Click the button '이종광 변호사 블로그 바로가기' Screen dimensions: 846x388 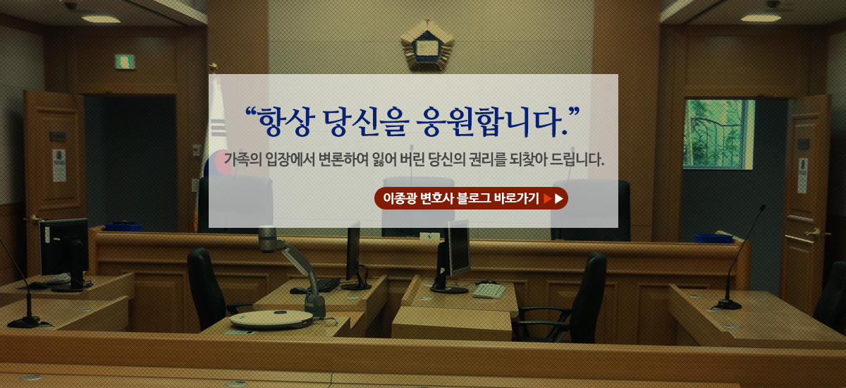pos(471,198)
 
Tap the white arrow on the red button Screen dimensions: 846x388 pos(559,199)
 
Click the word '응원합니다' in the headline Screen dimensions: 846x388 pos(489,121)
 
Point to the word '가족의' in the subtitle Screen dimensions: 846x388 pos(243,159)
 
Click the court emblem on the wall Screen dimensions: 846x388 pos(427,45)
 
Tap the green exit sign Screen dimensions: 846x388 pos(125,61)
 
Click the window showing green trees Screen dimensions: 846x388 pos(718,134)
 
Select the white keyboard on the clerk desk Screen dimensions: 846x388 pos(489,291)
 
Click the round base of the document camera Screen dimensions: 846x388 pos(271,320)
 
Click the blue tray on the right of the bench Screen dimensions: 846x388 pos(713,238)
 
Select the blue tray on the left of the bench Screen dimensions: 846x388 pos(123,226)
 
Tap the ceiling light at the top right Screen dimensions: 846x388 pos(761,18)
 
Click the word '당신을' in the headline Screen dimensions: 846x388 pos(366,121)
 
